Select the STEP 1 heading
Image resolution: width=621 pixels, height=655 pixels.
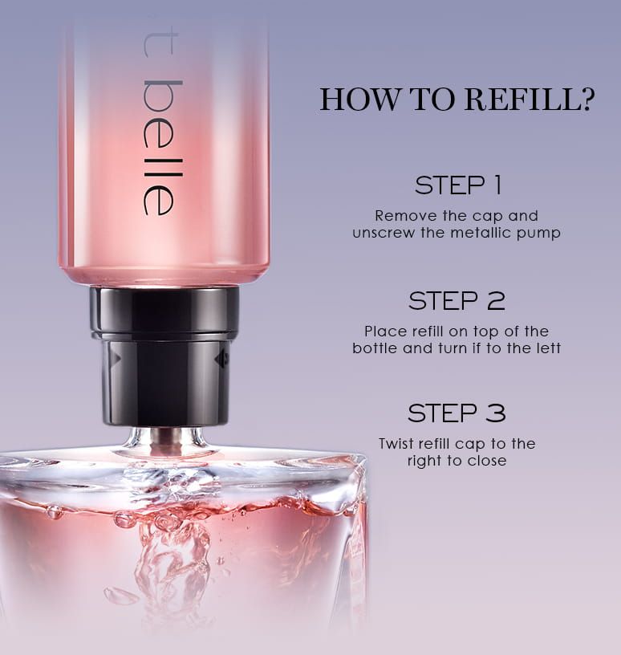point(458,185)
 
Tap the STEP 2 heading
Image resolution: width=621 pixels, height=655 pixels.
point(457,301)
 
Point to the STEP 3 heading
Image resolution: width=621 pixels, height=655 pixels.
point(457,413)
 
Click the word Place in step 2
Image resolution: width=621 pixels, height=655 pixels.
point(386,332)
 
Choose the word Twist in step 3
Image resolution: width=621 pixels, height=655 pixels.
point(396,444)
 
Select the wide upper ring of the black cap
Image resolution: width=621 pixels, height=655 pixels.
point(164,312)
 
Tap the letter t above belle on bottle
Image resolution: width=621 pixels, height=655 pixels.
point(160,45)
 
